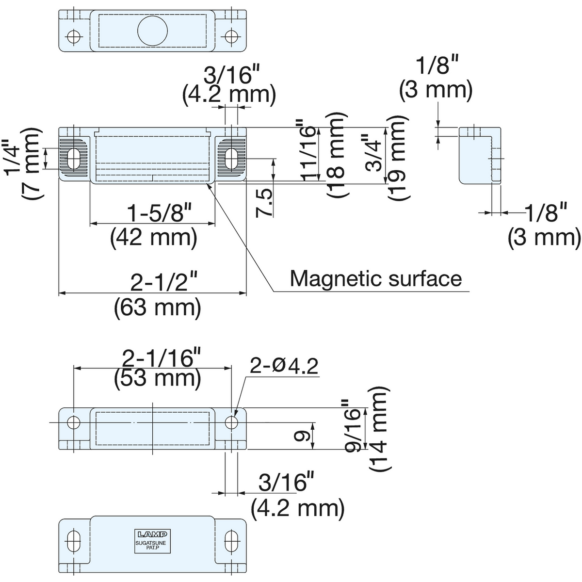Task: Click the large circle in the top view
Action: tap(152, 31)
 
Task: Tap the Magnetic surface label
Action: tap(376, 278)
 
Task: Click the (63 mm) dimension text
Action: tap(157, 307)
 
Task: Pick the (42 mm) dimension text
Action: tap(153, 238)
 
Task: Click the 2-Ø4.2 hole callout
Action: tap(284, 366)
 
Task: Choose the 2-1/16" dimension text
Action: tap(162, 358)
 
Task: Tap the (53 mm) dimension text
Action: tap(157, 378)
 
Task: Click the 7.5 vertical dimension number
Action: tap(264, 203)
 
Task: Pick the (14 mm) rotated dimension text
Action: tap(379, 428)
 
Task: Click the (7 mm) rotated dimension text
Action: tap(31, 163)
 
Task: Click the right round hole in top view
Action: tap(232, 36)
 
